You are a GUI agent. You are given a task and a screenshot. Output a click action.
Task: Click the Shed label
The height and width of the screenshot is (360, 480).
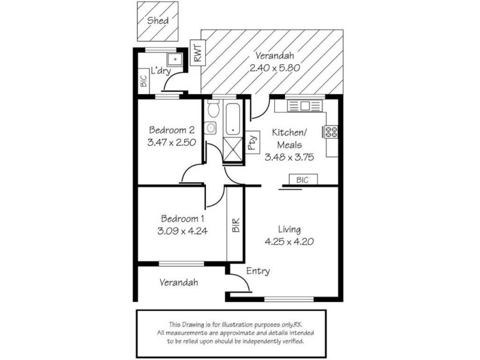pyautogui.click(x=158, y=21)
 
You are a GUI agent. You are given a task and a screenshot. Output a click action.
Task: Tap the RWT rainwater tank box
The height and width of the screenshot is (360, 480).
pyautogui.click(x=198, y=52)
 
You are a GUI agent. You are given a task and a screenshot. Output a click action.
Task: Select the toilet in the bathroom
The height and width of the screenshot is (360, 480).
pyautogui.click(x=213, y=109)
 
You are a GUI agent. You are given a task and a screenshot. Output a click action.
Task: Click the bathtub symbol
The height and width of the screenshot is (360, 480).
pyautogui.click(x=234, y=119)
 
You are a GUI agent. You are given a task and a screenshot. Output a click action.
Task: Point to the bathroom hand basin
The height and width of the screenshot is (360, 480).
pyautogui.click(x=210, y=128)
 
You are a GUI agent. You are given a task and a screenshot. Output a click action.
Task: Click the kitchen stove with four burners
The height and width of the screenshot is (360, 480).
pyautogui.click(x=331, y=131)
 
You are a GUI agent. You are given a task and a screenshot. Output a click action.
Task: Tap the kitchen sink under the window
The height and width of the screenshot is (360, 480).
pyautogui.click(x=305, y=106)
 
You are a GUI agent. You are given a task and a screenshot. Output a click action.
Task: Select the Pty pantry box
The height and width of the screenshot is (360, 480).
pyautogui.click(x=253, y=142)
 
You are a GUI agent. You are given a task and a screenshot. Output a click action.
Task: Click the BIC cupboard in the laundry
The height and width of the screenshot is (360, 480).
pyautogui.click(x=144, y=81)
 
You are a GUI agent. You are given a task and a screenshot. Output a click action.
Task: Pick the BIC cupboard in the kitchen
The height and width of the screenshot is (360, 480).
pyautogui.click(x=303, y=179)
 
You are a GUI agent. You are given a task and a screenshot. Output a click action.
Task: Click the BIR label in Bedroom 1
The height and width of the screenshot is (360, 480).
pyautogui.click(x=236, y=225)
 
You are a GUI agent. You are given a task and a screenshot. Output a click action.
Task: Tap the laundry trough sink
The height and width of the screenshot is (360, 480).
pyautogui.click(x=175, y=59)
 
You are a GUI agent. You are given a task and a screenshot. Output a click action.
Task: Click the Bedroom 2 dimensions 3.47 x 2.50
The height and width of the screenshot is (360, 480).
pyautogui.click(x=172, y=142)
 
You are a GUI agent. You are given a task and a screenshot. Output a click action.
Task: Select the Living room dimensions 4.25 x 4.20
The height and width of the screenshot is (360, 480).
pyautogui.click(x=289, y=242)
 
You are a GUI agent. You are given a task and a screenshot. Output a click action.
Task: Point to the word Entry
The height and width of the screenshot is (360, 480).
pyautogui.click(x=258, y=271)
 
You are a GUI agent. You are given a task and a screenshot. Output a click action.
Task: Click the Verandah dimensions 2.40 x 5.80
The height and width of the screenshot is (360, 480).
pyautogui.click(x=275, y=68)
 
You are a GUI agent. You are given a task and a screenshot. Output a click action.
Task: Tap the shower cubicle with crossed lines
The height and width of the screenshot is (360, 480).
pyautogui.click(x=233, y=149)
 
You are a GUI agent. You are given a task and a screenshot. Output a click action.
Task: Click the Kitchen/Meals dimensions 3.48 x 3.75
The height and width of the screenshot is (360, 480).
pyautogui.click(x=289, y=157)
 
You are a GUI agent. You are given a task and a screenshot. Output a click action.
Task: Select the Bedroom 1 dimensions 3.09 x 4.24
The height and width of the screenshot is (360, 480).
pyautogui.click(x=182, y=231)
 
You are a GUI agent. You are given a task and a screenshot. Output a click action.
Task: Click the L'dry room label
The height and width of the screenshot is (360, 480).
pyautogui.click(x=161, y=71)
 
